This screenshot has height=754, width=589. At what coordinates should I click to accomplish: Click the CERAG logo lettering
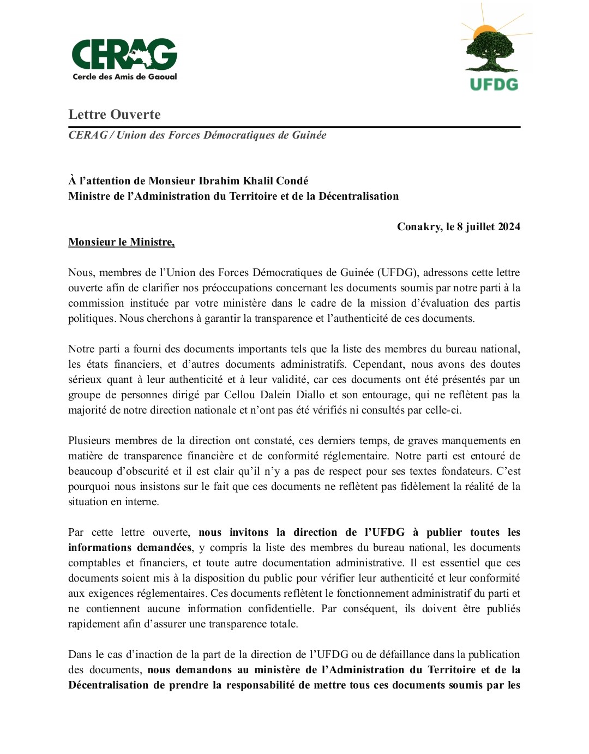coord(124,53)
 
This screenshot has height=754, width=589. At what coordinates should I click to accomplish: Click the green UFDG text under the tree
coord(494,84)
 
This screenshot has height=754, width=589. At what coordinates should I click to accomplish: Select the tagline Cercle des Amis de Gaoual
coord(125,77)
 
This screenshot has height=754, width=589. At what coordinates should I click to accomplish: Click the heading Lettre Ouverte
coord(115,115)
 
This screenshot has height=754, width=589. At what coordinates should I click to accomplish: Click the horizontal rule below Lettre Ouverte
coord(294,127)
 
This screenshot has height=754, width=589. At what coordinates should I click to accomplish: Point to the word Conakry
coord(418,226)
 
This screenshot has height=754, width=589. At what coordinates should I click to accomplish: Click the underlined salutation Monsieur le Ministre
coord(122,242)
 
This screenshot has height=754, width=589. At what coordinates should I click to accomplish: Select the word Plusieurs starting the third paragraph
coord(89,440)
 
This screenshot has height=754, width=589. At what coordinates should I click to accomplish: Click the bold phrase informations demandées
coord(130,547)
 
